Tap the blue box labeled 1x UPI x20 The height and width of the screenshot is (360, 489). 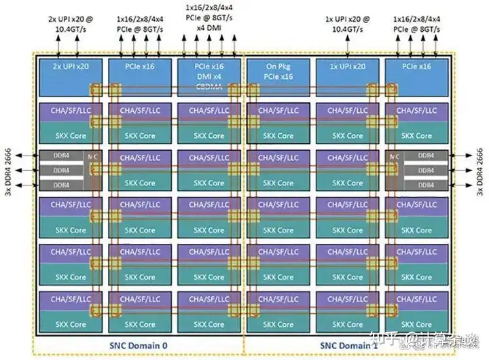[347, 68]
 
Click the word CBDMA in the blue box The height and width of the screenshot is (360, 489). [209, 86]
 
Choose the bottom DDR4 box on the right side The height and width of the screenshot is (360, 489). [425, 184]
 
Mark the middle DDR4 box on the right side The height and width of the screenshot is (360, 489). [425, 170]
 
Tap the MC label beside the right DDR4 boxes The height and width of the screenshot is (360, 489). [396, 156]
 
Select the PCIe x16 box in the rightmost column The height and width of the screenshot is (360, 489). [416, 68]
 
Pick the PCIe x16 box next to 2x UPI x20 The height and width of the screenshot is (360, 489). [140, 68]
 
